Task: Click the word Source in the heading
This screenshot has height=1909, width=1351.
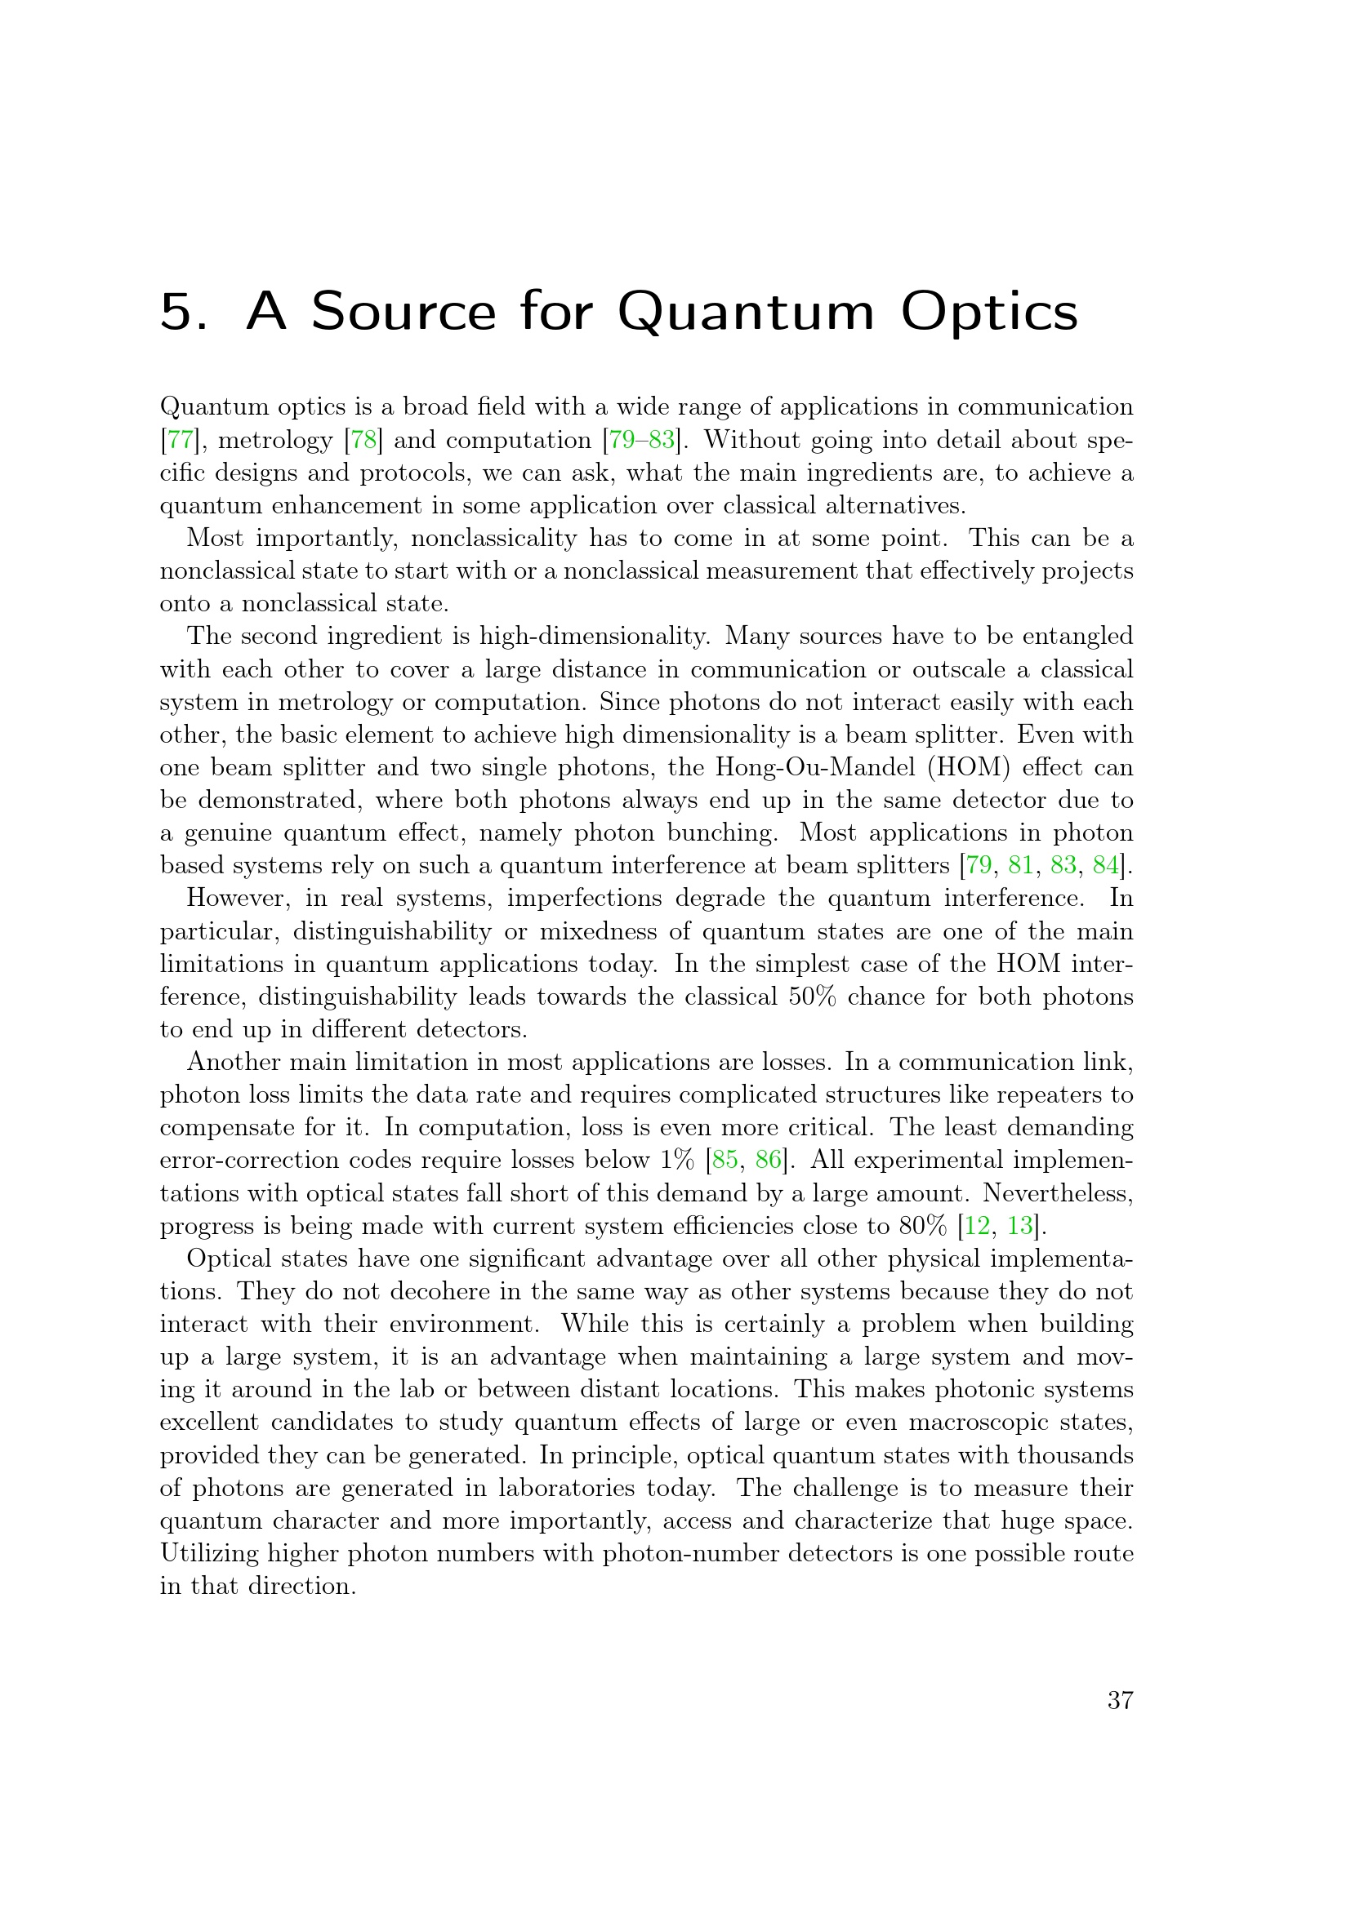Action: pyautogui.click(x=403, y=312)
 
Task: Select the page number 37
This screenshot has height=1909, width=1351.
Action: pyautogui.click(x=1120, y=1701)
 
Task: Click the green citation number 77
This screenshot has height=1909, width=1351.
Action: pyautogui.click(x=180, y=440)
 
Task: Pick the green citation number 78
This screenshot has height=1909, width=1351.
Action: pyautogui.click(x=363, y=440)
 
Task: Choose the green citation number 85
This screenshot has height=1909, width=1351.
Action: pyautogui.click(x=725, y=1160)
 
